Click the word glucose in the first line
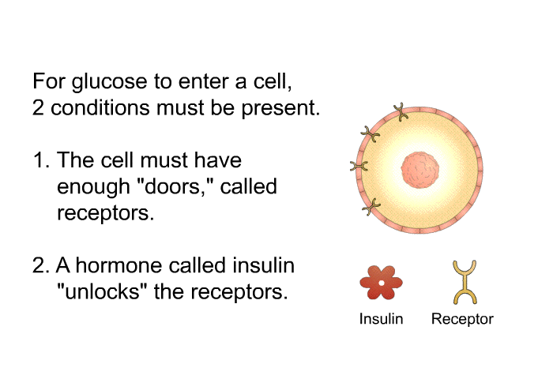click(x=109, y=82)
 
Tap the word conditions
click(x=100, y=107)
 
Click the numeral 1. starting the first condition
click(x=41, y=160)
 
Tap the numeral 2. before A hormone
click(x=40, y=265)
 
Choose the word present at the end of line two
click(x=280, y=109)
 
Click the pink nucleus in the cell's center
click(x=420, y=170)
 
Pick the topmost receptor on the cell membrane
click(x=401, y=112)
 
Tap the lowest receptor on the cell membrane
click(x=371, y=207)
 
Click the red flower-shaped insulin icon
click(x=381, y=283)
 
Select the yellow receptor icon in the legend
click(x=465, y=282)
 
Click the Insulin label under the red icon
click(x=381, y=319)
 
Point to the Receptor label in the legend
click(x=462, y=319)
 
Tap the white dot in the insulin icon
click(x=382, y=283)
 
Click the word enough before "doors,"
click(x=93, y=187)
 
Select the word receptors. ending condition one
click(x=105, y=213)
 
